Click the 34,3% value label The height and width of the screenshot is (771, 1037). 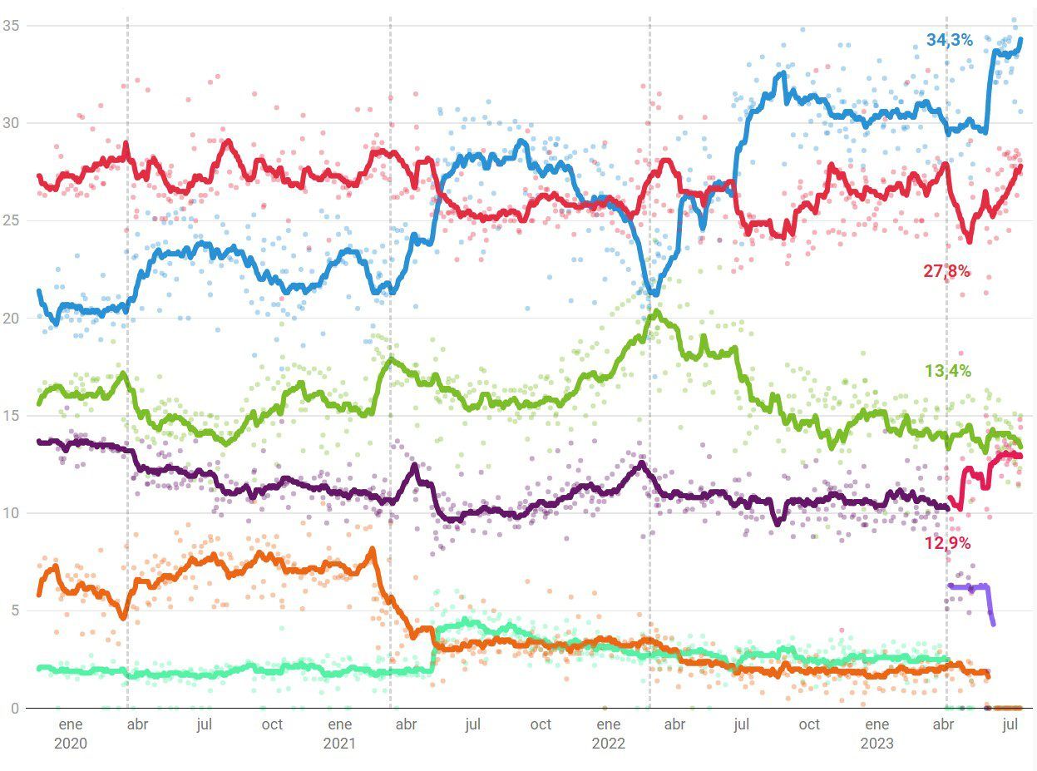point(949,40)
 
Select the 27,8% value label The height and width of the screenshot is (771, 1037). point(946,270)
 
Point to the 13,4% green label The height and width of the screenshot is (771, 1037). point(947,371)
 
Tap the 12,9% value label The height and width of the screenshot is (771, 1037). point(947,543)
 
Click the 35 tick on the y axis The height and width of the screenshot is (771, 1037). point(11,26)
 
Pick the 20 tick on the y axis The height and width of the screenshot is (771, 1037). point(11,319)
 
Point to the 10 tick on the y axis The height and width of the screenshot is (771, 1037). point(11,513)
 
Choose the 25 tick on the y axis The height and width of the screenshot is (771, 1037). point(11,221)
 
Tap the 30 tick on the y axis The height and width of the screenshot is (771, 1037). point(11,123)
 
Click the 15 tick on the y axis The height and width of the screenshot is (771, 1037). point(11,416)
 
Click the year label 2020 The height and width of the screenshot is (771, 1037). point(70,743)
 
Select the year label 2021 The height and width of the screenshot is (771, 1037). point(338,743)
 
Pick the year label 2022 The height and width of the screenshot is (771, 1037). point(608,743)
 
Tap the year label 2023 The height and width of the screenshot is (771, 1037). point(877,743)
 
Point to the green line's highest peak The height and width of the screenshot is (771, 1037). point(657,312)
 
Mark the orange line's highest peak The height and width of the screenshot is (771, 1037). point(372,549)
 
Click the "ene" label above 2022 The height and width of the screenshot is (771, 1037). point(608,724)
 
